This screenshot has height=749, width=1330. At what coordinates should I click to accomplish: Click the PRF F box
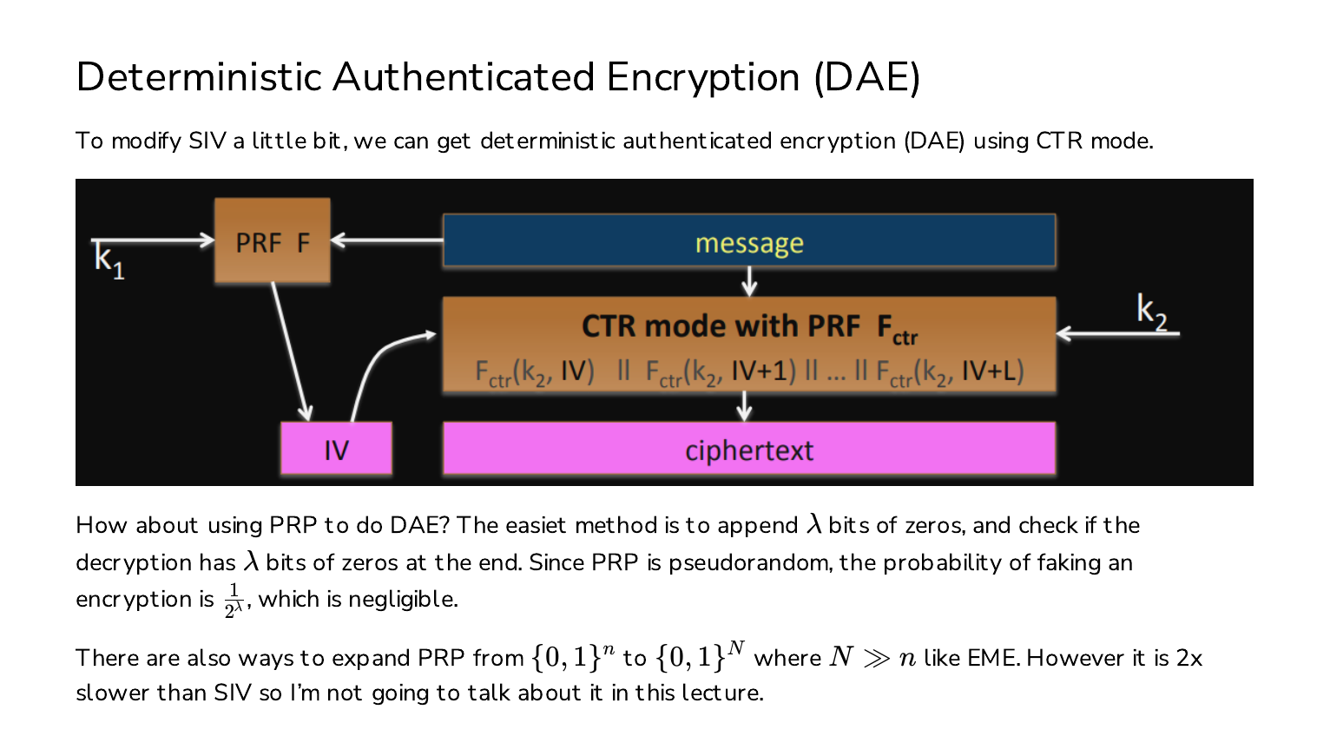coord(273,240)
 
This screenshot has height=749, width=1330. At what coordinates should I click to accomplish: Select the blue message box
coord(749,240)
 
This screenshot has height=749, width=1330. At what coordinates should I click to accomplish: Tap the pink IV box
coord(336,448)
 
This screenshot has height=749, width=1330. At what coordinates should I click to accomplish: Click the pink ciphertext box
coord(749,448)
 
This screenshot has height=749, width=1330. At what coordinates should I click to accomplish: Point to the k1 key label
coord(109,260)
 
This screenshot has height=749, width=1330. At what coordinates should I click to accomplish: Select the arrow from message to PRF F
coord(386,240)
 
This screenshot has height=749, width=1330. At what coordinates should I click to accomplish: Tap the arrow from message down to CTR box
coord(749,281)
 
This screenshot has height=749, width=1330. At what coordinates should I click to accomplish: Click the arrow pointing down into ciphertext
coord(744,406)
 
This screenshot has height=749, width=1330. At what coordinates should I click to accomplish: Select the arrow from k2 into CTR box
coord(1117,333)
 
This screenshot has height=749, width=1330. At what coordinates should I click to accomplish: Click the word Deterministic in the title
coord(198,77)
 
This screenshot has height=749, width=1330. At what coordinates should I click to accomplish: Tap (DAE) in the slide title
coord(867,78)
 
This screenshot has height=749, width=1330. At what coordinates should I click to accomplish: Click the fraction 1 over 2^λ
coord(234,601)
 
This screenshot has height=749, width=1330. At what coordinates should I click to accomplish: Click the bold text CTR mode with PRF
coord(721,325)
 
